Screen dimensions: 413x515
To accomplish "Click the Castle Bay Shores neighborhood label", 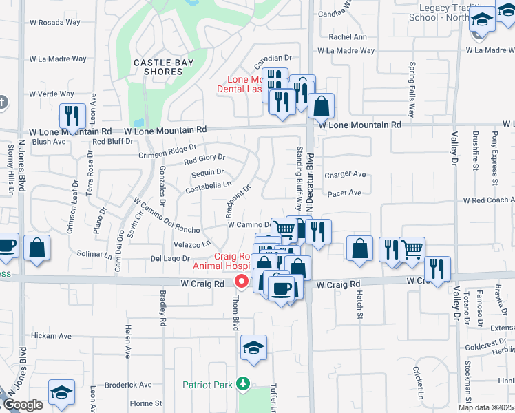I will click(158, 67).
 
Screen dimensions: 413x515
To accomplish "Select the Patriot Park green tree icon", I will click(242, 383).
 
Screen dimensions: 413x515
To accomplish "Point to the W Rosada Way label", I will click(55, 22).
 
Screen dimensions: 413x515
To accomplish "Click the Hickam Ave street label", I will click(51, 336).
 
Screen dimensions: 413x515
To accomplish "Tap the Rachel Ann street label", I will click(348, 37).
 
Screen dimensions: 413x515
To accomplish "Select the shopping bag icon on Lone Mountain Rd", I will click(321, 106).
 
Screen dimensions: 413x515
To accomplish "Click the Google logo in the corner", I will click(22, 405).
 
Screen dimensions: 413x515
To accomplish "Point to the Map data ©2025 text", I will click(486, 407).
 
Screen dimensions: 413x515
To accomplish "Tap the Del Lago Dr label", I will click(169, 258).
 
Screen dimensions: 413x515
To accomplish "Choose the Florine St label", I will click(145, 403).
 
